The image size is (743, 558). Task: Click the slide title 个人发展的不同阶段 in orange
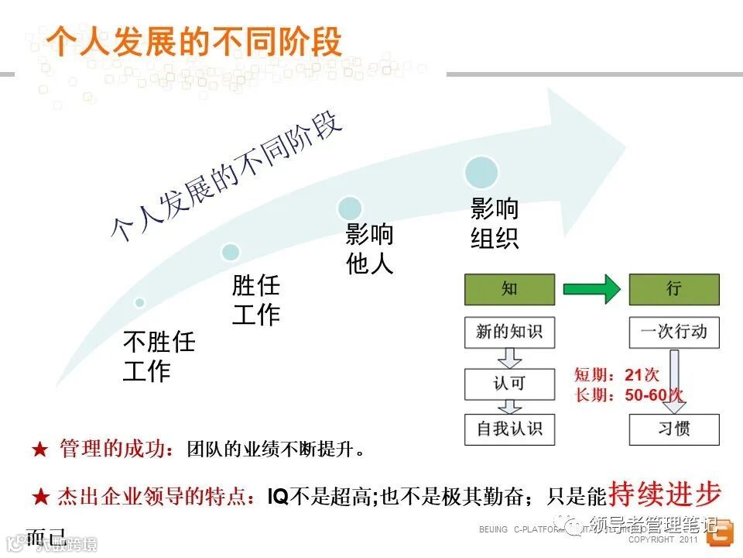pos(194,41)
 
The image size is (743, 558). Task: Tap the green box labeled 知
pos(509,289)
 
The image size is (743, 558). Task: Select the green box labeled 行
pos(673,289)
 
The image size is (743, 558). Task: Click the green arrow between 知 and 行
pos(591,289)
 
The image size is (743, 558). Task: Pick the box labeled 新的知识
pos(509,332)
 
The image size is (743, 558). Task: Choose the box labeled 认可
pos(509,384)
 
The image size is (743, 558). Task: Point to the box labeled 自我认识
pos(509,429)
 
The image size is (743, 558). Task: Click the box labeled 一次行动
pos(673,332)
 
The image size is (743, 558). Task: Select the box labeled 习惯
pos(673,429)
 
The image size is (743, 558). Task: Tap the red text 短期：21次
pos(617,375)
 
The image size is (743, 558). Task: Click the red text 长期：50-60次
pos(628,395)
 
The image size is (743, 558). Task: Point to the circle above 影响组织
pos(481,172)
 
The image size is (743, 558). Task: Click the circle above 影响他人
pos(350,207)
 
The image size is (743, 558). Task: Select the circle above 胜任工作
pos(231,252)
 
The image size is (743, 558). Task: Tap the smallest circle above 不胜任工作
pos(139,302)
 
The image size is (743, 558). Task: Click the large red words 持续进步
pos(665,494)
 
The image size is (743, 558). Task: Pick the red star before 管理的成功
pos(39,449)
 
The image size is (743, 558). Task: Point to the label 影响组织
pos(495,224)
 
